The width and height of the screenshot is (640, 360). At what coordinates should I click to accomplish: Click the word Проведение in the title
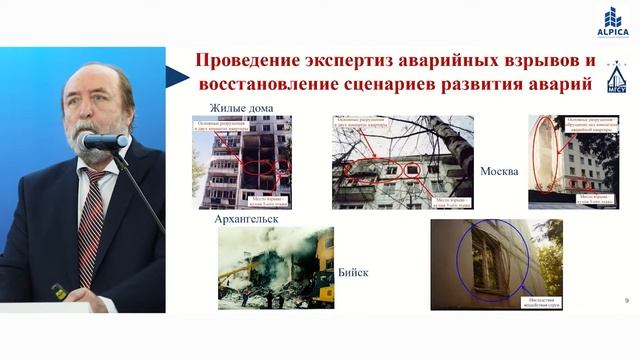pos(256,61)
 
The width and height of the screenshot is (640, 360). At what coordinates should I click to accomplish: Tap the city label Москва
pos(498,171)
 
